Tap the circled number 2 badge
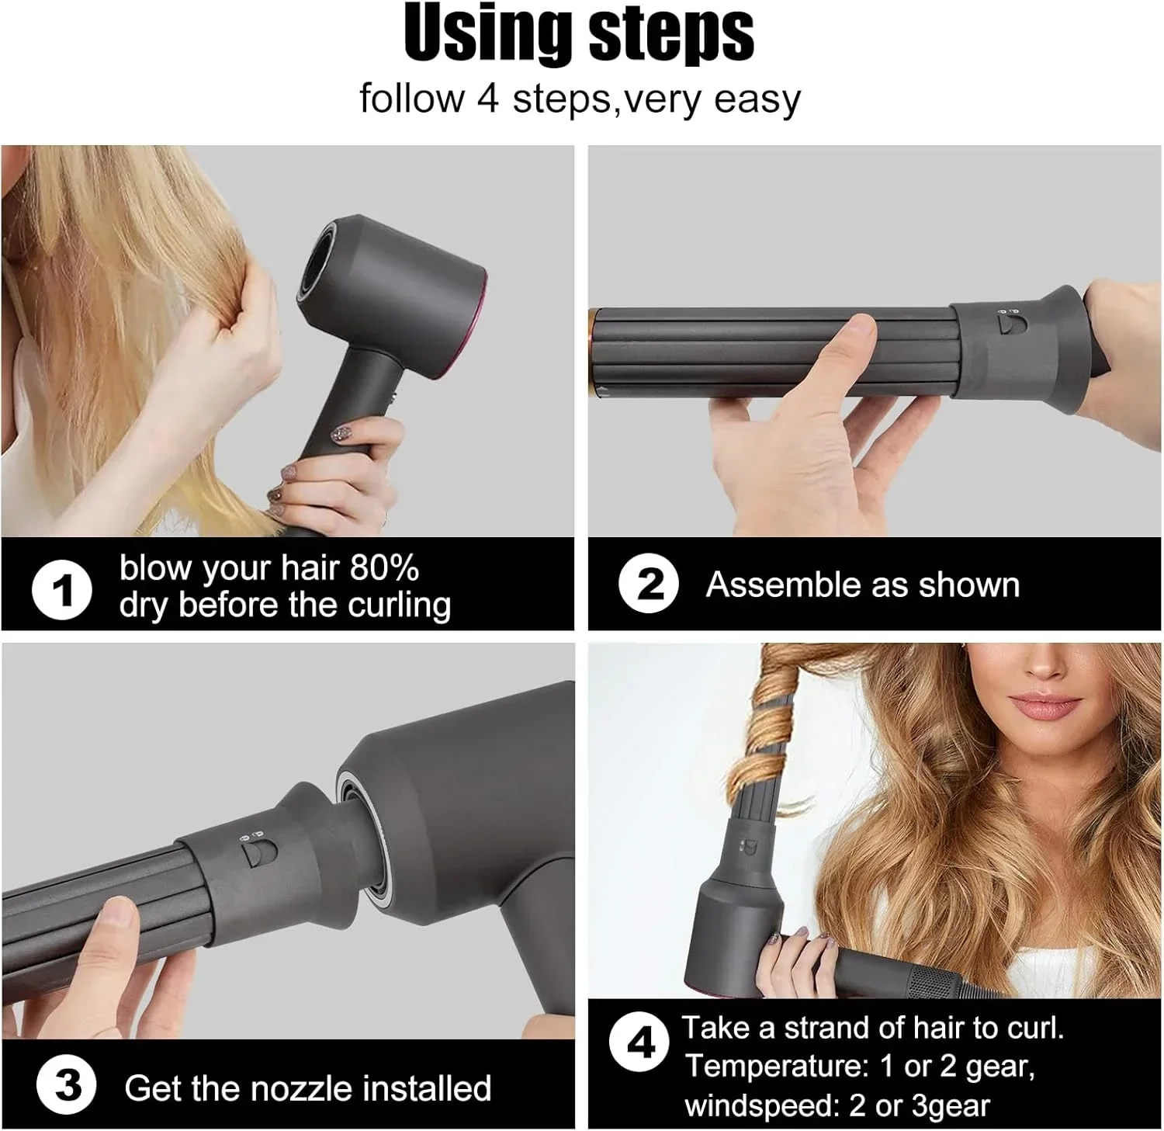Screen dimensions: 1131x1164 tap(649, 584)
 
